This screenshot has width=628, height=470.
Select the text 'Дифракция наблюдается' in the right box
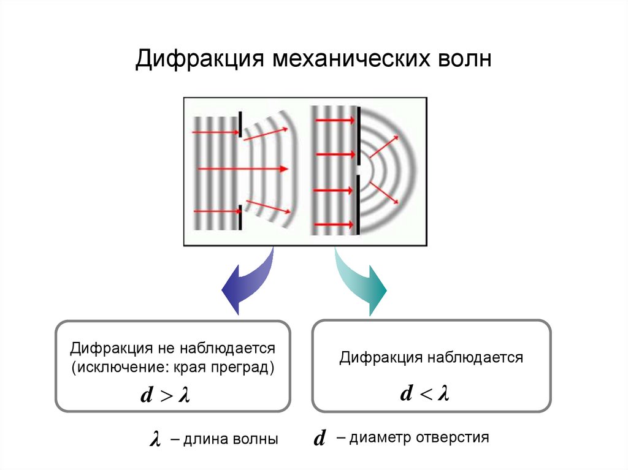pyautogui.click(x=432, y=358)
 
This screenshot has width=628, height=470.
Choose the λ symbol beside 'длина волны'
pyautogui.click(x=155, y=439)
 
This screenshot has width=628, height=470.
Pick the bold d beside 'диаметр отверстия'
pyautogui.click(x=318, y=439)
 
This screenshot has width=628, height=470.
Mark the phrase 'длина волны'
pyautogui.click(x=229, y=439)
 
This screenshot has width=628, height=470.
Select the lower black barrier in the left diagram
pyautogui.click(x=240, y=218)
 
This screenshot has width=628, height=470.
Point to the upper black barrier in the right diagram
pyautogui.click(x=358, y=135)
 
